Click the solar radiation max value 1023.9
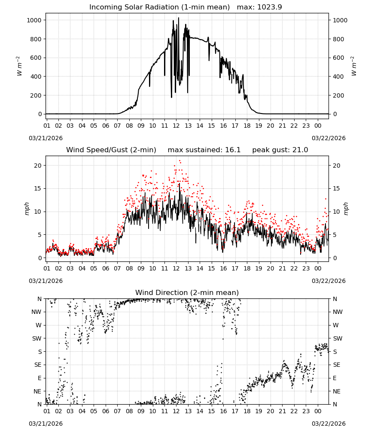coord(270,7)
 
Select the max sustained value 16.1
coord(233,150)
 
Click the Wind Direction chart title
coord(187,292)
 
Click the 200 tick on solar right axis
coord(338,95)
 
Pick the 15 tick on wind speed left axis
coord(38,188)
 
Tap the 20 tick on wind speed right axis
coord(337,166)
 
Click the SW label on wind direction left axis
coord(36,338)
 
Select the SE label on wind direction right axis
coord(337,365)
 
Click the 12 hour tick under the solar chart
coord(176,126)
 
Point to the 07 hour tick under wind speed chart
coord(117,268)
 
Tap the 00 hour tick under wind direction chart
coord(318,411)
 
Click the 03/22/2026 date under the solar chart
coord(328,138)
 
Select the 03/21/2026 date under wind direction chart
coord(46,424)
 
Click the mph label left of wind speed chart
coord(27,209)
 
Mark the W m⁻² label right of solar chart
coord(354,66)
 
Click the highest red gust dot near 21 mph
coord(179,161)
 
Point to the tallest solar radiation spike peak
coord(179,18)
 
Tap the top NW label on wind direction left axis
coord(36,312)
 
